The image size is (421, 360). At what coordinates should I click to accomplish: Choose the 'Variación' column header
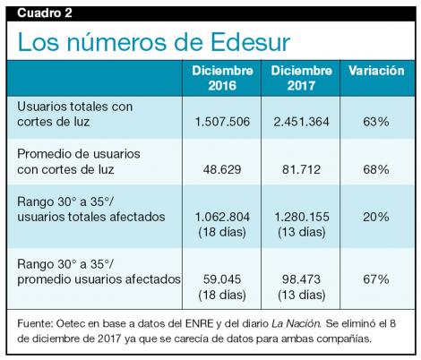(x=376, y=71)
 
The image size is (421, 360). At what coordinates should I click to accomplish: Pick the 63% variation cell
(x=376, y=121)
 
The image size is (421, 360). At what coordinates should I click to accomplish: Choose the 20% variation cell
(x=376, y=217)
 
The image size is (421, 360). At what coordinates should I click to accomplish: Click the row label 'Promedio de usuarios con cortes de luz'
(x=79, y=161)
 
